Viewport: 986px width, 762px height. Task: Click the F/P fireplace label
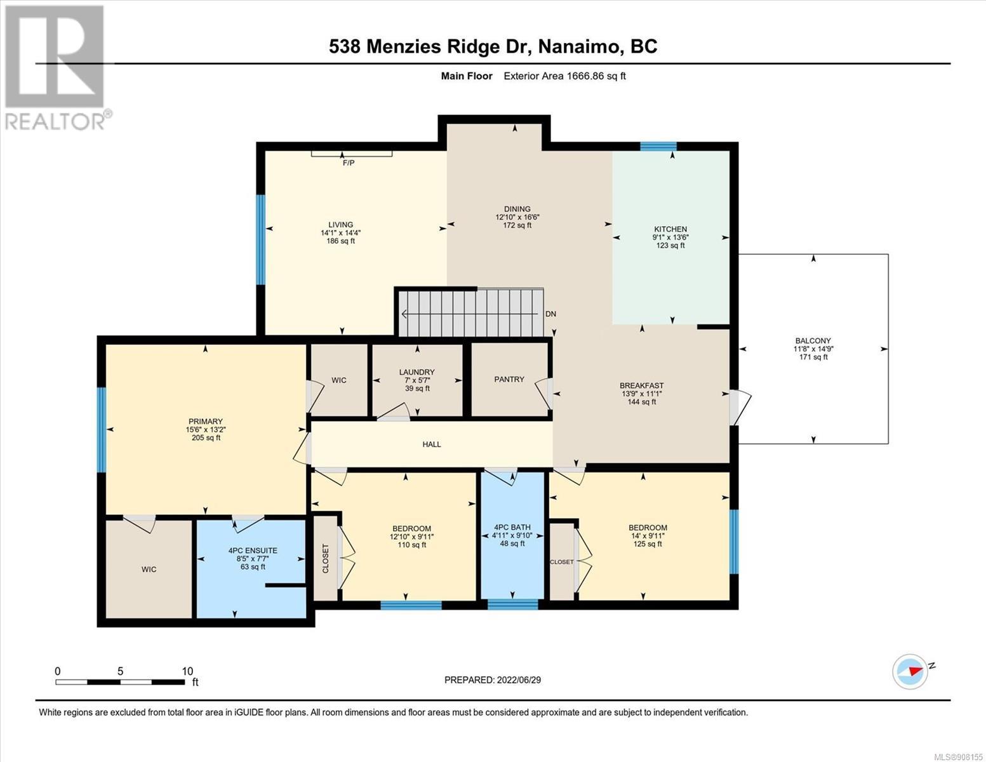[x=349, y=163]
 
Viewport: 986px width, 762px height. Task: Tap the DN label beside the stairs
[x=550, y=314]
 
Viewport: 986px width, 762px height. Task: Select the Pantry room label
[x=509, y=379]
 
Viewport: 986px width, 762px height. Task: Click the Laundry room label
[x=417, y=372]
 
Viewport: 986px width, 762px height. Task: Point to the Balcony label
[x=813, y=341]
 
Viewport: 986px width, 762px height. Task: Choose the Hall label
[x=432, y=444]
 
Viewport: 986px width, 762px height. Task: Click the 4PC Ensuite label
[x=253, y=551]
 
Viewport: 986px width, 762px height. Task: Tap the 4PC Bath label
[x=512, y=527]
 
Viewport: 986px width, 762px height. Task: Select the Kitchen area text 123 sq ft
[x=670, y=246]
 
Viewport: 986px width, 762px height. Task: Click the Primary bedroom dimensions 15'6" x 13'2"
[x=206, y=429]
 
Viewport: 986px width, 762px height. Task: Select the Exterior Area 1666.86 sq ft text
[x=564, y=76]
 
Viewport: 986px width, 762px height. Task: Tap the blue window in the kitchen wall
[x=658, y=146]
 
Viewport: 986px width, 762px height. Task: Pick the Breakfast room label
[x=641, y=385]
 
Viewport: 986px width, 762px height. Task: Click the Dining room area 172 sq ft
[x=517, y=225]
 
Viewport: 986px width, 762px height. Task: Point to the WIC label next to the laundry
[x=338, y=380]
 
